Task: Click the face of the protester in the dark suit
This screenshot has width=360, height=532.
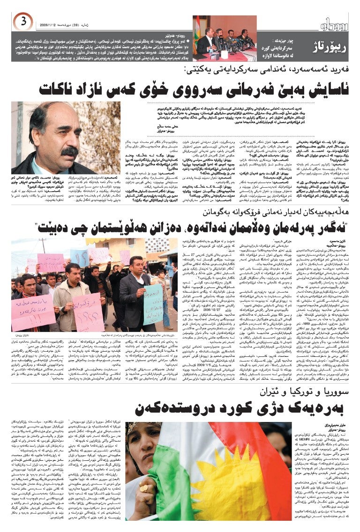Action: point(136,265)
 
